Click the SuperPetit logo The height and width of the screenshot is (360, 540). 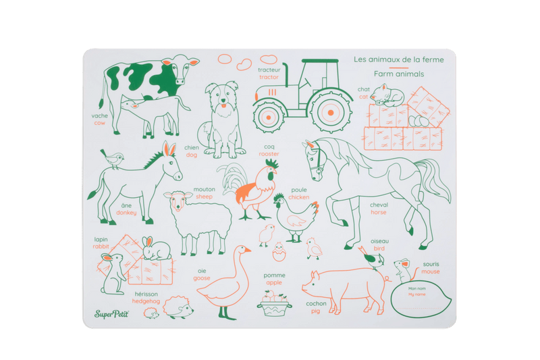(x=113, y=312)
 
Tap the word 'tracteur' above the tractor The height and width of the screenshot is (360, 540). (x=269, y=70)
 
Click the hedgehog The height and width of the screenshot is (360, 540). (x=178, y=307)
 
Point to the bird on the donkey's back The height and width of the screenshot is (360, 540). (x=117, y=159)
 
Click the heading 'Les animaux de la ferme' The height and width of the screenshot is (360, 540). (x=402, y=59)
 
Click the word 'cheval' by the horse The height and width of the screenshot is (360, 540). (x=379, y=205)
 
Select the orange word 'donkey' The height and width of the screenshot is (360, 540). (x=126, y=213)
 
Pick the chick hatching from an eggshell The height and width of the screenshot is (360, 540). (x=279, y=253)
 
